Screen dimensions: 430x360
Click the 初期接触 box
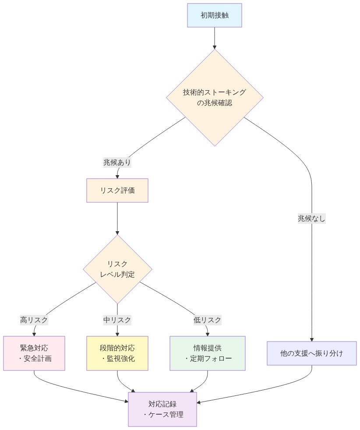click(214, 15)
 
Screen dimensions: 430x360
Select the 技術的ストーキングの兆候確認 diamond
click(214, 98)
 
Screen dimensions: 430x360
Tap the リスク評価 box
click(117, 190)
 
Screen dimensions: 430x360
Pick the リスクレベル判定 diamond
click(117, 269)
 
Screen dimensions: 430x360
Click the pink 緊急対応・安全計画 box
click(34, 353)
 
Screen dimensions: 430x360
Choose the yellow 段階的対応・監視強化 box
click(117, 353)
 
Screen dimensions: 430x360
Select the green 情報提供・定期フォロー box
click(208, 353)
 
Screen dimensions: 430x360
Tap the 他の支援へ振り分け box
click(312, 353)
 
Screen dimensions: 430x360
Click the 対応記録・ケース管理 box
click(162, 409)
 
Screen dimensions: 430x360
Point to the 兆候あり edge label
click(117, 162)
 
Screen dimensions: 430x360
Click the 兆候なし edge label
click(312, 219)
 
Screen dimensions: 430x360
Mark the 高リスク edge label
click(34, 320)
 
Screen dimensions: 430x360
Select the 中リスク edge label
click(117, 320)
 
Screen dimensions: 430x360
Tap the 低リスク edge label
click(208, 320)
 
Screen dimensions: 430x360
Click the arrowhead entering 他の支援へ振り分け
click(312, 339)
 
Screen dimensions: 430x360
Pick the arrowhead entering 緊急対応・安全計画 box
click(34, 334)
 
